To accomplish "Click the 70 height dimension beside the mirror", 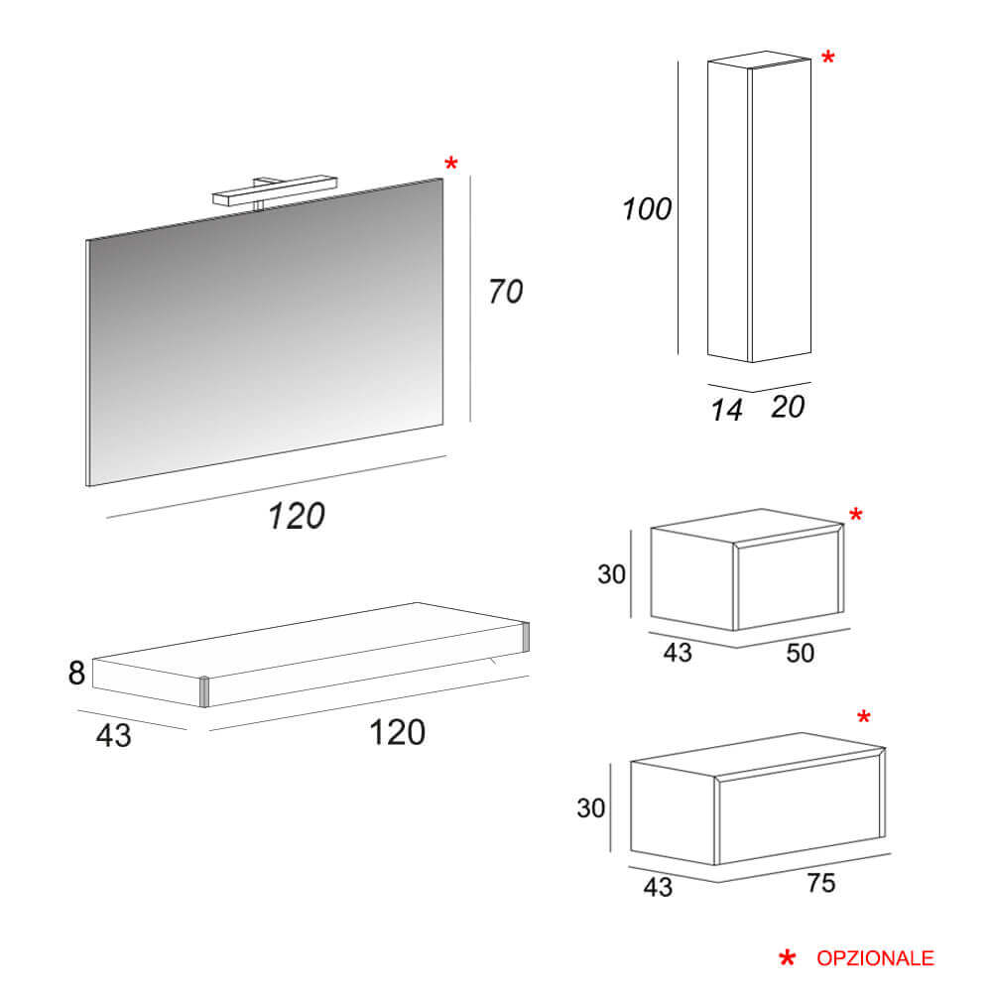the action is pyautogui.click(x=506, y=292).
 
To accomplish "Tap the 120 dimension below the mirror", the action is pyautogui.click(x=296, y=516).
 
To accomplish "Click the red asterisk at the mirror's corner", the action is pyautogui.click(x=450, y=164).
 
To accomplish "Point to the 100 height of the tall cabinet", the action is pyautogui.click(x=647, y=208).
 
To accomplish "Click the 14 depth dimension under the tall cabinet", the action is pyautogui.click(x=726, y=410).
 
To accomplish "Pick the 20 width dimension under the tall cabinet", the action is pyautogui.click(x=788, y=407).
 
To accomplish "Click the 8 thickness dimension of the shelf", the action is pyautogui.click(x=76, y=673).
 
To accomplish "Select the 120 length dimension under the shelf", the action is pyautogui.click(x=397, y=733).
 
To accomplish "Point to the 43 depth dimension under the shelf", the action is pyautogui.click(x=114, y=736).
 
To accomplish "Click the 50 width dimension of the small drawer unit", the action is pyautogui.click(x=801, y=653).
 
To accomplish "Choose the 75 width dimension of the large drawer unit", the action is pyautogui.click(x=821, y=883).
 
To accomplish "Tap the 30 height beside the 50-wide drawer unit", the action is pyautogui.click(x=611, y=574).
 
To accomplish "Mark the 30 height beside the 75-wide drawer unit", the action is pyautogui.click(x=591, y=807).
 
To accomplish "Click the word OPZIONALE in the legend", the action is pyautogui.click(x=875, y=958).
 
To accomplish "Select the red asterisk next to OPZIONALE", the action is pyautogui.click(x=787, y=958).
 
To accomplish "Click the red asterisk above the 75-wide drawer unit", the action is pyautogui.click(x=864, y=717).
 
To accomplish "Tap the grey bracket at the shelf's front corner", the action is pyautogui.click(x=204, y=692).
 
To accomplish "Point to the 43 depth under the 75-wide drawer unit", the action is pyautogui.click(x=658, y=887).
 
